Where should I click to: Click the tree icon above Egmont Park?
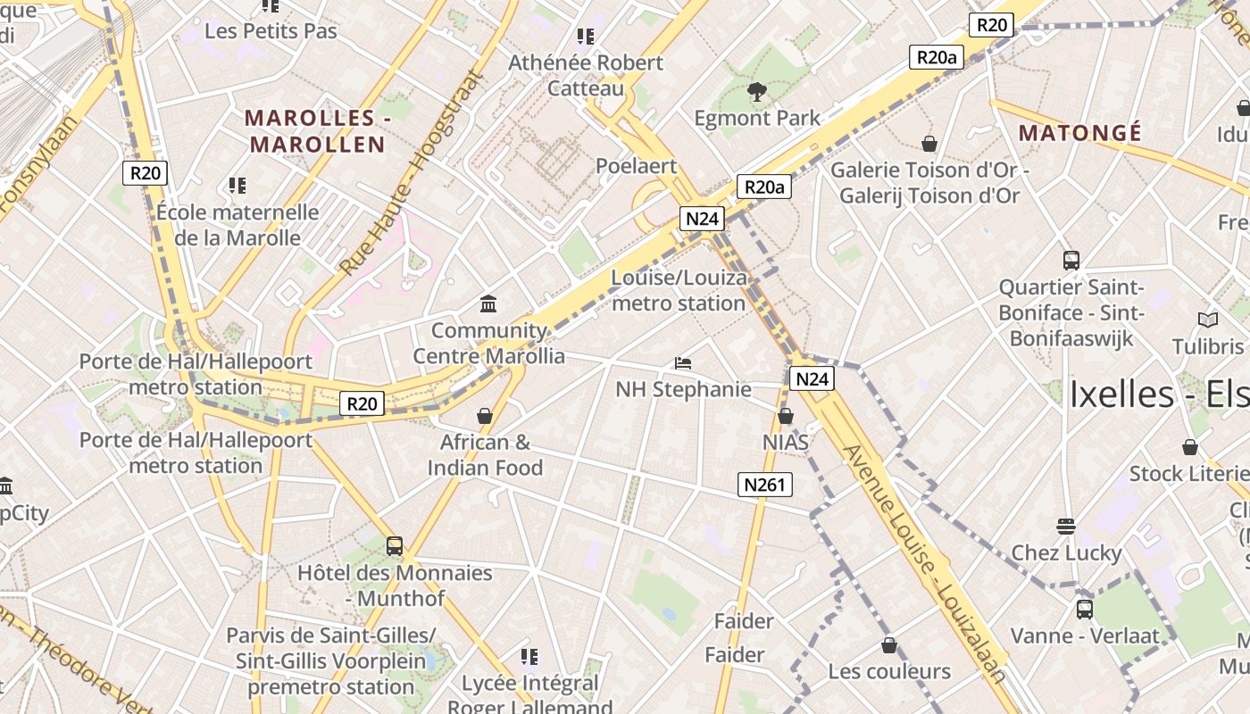(x=756, y=91)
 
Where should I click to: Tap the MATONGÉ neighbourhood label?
(x=1079, y=133)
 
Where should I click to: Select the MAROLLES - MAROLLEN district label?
(x=316, y=130)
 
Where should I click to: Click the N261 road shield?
(x=765, y=485)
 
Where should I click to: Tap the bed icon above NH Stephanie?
(x=683, y=363)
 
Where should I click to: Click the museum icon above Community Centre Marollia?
(x=488, y=304)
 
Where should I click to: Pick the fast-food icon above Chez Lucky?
(x=1065, y=526)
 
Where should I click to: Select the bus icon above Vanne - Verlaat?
(x=1084, y=610)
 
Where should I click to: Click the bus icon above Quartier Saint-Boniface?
(x=1071, y=261)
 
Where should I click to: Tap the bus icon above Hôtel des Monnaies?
(x=394, y=545)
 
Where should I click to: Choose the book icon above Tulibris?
(x=1207, y=320)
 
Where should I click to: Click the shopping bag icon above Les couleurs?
(x=888, y=644)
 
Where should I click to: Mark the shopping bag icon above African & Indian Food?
(x=485, y=416)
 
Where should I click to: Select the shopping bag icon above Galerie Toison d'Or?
(x=929, y=144)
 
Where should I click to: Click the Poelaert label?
(x=636, y=166)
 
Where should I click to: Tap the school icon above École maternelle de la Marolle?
(x=237, y=186)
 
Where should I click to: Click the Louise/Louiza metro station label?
(x=679, y=291)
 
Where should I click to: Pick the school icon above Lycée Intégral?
(x=529, y=657)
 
